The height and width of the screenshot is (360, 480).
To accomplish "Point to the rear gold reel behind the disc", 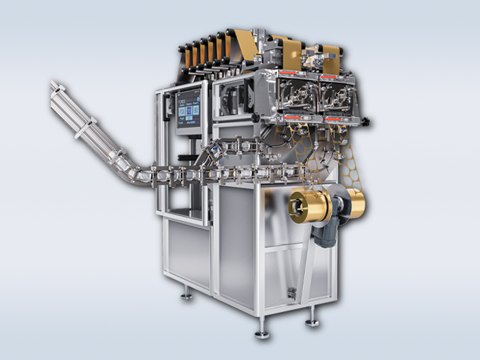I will pyautogui.click(x=354, y=203).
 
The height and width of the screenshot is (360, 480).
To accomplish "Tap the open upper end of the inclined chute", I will pyautogui.click(x=54, y=88).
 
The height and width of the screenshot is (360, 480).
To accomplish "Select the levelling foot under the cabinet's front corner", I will pyautogui.click(x=262, y=329).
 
